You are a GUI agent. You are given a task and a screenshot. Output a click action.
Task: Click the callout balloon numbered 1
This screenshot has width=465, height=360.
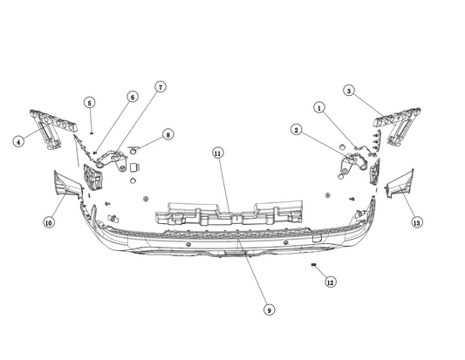pyautogui.click(x=319, y=108)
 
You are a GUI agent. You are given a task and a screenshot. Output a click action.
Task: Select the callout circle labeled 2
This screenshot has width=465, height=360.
pyautogui.click(x=297, y=130)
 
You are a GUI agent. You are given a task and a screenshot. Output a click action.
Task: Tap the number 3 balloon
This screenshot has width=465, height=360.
pyautogui.click(x=348, y=90)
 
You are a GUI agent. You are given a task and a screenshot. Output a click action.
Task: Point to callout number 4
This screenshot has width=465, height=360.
pyautogui.click(x=17, y=139)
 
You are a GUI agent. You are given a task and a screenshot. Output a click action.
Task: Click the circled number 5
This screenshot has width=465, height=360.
pyautogui.click(x=90, y=103)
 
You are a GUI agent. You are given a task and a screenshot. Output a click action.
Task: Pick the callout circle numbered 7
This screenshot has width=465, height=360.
pyautogui.click(x=161, y=86)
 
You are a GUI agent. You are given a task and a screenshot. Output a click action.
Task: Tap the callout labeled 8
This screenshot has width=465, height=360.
pyautogui.click(x=168, y=135)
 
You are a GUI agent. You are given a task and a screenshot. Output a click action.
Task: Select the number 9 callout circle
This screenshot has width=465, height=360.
pyautogui.click(x=269, y=309)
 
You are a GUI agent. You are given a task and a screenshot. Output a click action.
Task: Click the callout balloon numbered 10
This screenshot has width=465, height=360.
pyautogui.click(x=49, y=223)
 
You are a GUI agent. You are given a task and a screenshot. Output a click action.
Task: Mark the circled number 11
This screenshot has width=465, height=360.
pyautogui.click(x=218, y=153)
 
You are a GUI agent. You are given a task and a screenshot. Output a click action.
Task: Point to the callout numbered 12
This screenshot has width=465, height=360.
pyautogui.click(x=330, y=282)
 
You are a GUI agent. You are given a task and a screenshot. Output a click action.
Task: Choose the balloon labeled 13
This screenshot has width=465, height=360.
pyautogui.click(x=417, y=223)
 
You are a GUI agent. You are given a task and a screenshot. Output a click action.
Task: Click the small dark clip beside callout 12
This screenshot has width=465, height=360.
pyautogui.click(x=312, y=263)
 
